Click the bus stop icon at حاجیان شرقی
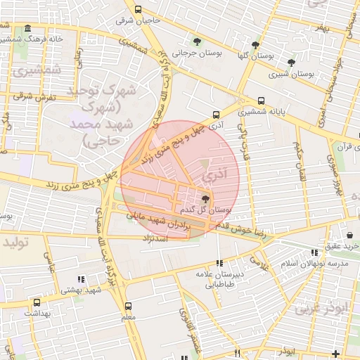click(138, 10)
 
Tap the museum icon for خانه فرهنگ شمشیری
click(27, 29)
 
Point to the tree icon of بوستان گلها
click(255, 44)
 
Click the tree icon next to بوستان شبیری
click(292, 63)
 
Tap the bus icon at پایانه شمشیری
click(262, 101)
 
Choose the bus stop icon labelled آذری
click(216, 114)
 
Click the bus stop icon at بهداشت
click(37, 302)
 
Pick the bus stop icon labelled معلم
click(128, 307)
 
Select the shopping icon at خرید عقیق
click(350, 235)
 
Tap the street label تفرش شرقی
click(30, 97)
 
